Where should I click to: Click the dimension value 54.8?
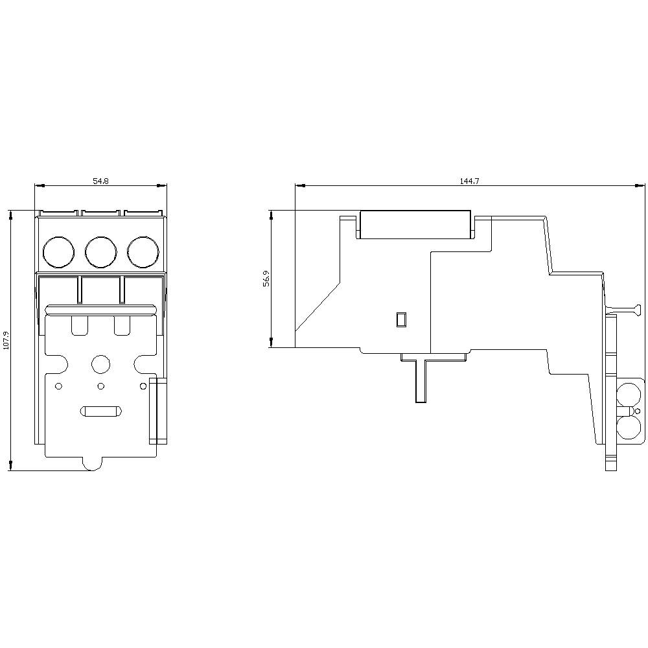[x=100, y=181]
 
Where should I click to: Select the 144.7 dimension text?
[x=469, y=181]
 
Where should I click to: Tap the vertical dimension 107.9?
[x=6, y=340]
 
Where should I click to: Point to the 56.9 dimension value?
[x=266, y=279]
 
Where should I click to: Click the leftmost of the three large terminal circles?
[x=58, y=251]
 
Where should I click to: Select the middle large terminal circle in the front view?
[x=100, y=251]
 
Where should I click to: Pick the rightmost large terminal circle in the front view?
[x=143, y=251]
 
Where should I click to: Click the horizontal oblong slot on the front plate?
[x=100, y=411]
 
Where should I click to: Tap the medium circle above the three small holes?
[x=100, y=364]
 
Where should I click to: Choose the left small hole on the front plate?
[x=58, y=387]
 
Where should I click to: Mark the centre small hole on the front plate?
[x=100, y=387]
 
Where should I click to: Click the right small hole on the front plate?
[x=143, y=387]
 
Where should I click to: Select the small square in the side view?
[x=401, y=319]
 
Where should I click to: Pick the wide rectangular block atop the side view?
[x=415, y=224]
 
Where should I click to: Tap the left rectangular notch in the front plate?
[x=80, y=325]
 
